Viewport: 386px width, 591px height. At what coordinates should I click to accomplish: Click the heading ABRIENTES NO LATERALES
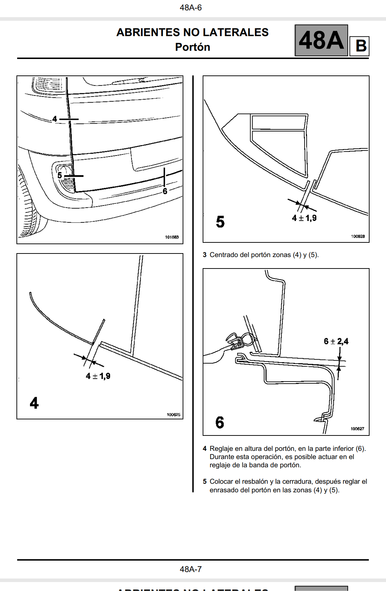pyautogui.click(x=192, y=33)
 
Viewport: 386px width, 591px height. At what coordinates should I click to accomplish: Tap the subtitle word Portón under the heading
pyautogui.click(x=192, y=47)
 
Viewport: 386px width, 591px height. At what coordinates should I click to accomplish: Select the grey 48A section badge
pyautogui.click(x=321, y=40)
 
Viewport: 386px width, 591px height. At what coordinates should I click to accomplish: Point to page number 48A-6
pyautogui.click(x=190, y=8)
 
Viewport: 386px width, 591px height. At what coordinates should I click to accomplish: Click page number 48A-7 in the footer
pyautogui.click(x=190, y=569)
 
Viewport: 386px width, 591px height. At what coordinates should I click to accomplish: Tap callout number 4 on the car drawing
pyautogui.click(x=55, y=119)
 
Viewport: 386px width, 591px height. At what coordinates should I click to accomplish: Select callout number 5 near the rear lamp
pyautogui.click(x=60, y=175)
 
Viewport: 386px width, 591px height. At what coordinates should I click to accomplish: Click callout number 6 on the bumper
pyautogui.click(x=165, y=191)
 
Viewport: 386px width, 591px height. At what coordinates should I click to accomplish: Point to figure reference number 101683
pyautogui.click(x=172, y=237)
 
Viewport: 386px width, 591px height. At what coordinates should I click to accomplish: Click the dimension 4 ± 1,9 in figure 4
pyautogui.click(x=98, y=376)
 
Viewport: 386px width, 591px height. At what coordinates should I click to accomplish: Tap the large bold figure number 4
pyautogui.click(x=34, y=403)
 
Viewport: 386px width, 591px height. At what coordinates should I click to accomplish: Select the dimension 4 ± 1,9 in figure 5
pyautogui.click(x=304, y=218)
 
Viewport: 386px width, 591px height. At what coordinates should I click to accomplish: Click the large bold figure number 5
pyautogui.click(x=220, y=222)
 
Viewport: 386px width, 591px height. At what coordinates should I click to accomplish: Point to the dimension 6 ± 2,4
pyautogui.click(x=336, y=341)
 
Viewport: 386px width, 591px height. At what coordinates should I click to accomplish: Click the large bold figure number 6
pyautogui.click(x=220, y=423)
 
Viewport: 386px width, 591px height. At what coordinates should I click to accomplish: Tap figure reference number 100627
pyautogui.click(x=357, y=429)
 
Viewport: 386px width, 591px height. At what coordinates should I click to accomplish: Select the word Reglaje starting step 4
pyautogui.click(x=222, y=449)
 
